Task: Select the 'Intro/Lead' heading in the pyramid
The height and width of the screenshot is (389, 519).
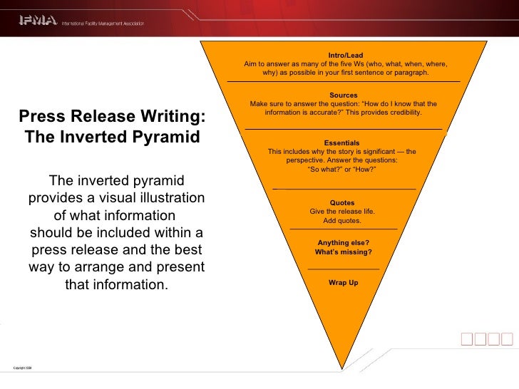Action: coord(346,56)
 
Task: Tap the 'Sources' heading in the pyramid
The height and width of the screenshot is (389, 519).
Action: coord(344,95)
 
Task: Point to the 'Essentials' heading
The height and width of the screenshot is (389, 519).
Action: coord(341,142)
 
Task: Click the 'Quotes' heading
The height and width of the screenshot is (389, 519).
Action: coord(342,202)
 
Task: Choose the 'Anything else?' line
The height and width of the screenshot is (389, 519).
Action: coord(343,243)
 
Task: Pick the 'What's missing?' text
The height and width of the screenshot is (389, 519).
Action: coord(343,252)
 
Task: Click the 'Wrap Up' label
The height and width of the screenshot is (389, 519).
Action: coord(343,283)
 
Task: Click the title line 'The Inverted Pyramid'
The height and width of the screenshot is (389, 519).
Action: coord(113,136)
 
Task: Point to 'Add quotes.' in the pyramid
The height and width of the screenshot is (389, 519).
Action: coord(342,220)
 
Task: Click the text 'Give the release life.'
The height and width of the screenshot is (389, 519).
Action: coord(342,212)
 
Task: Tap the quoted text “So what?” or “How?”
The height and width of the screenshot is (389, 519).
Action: coord(341,170)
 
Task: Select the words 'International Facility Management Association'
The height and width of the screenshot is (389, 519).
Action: coord(103,24)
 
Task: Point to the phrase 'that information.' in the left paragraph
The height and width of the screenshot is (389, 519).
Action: coord(116,285)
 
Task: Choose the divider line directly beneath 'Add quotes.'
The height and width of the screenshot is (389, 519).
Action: coord(343,229)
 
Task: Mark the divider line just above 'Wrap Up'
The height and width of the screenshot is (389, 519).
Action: coord(343,269)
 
